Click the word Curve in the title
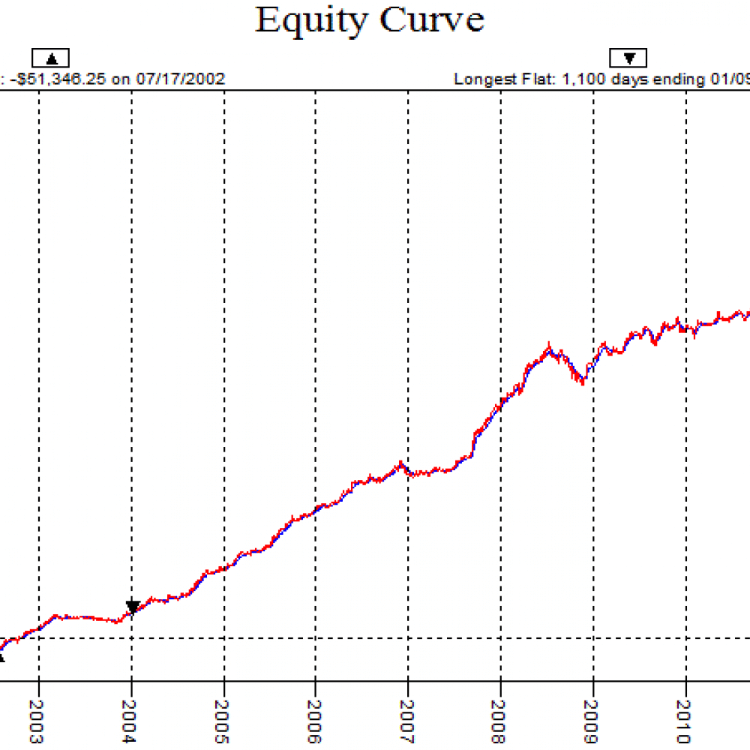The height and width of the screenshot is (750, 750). click(x=431, y=19)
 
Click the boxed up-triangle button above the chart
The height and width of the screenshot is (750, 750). click(x=50, y=58)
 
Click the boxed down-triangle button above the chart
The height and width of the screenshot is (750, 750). click(x=628, y=58)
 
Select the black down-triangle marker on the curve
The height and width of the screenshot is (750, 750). click(x=133, y=607)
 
